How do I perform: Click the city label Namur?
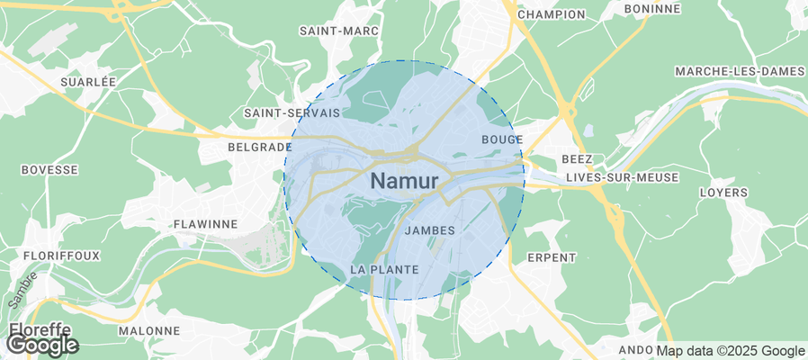tap(404, 181)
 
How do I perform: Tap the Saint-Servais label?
tap(292, 113)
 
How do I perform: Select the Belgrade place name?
tap(260, 146)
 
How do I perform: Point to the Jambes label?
tap(430, 230)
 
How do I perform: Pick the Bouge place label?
tap(502, 139)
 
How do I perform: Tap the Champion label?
tap(552, 14)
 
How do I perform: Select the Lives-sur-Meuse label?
tap(622, 178)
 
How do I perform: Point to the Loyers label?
tap(723, 193)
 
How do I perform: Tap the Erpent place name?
tap(551, 257)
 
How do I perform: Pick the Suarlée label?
tap(88, 82)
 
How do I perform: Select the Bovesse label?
tap(49, 169)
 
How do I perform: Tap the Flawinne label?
tap(204, 223)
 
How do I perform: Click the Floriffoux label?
tap(61, 256)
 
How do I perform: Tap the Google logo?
tap(43, 344)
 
